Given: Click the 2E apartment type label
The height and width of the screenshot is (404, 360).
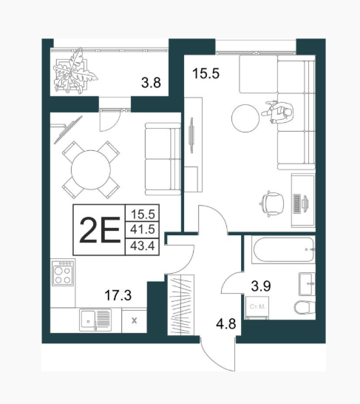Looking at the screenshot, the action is [x=100, y=229].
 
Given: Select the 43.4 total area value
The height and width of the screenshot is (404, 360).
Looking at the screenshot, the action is [x=143, y=246].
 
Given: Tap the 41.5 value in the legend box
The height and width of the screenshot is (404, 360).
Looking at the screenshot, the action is [x=143, y=229].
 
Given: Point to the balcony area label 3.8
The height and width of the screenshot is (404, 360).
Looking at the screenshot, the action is [x=151, y=83].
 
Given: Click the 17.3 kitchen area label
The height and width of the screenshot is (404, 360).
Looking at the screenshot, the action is [x=118, y=295].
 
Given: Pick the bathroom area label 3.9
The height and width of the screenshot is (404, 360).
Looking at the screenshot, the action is [x=261, y=286].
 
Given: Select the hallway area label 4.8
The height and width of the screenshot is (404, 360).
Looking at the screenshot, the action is [x=226, y=324].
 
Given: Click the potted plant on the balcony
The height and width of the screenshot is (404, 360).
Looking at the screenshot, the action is [x=75, y=71].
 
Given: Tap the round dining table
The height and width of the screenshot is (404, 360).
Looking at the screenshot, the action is [x=91, y=169].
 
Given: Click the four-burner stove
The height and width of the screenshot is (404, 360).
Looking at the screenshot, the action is [x=63, y=273].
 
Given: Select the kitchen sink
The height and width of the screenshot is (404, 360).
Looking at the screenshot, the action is [x=95, y=320].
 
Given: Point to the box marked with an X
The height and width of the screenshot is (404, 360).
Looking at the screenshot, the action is [x=134, y=321].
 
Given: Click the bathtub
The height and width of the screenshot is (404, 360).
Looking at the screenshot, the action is [x=284, y=249].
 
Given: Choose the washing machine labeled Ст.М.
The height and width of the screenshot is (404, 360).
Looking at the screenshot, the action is [x=257, y=308].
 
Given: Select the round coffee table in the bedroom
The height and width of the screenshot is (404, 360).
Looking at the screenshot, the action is [x=245, y=118].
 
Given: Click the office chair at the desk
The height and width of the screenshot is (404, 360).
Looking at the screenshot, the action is [x=272, y=204].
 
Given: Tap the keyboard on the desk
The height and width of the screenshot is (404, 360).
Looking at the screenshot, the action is [x=296, y=203].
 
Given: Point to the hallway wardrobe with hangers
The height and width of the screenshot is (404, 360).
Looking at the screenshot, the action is [x=181, y=305].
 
